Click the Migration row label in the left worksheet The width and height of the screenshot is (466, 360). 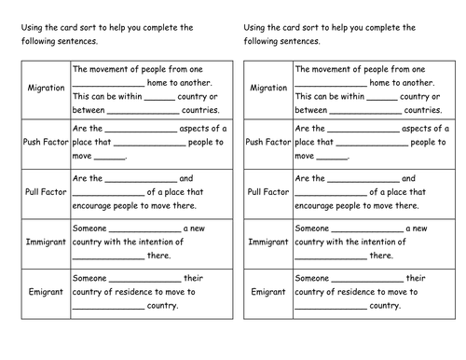(45, 88)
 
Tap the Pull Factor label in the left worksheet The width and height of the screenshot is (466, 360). (45, 191)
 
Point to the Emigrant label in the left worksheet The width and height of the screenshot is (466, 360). (45, 291)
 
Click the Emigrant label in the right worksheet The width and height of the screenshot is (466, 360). (267, 291)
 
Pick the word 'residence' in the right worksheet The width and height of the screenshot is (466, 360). (374, 291)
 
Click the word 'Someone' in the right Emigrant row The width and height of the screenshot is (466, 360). (311, 277)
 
